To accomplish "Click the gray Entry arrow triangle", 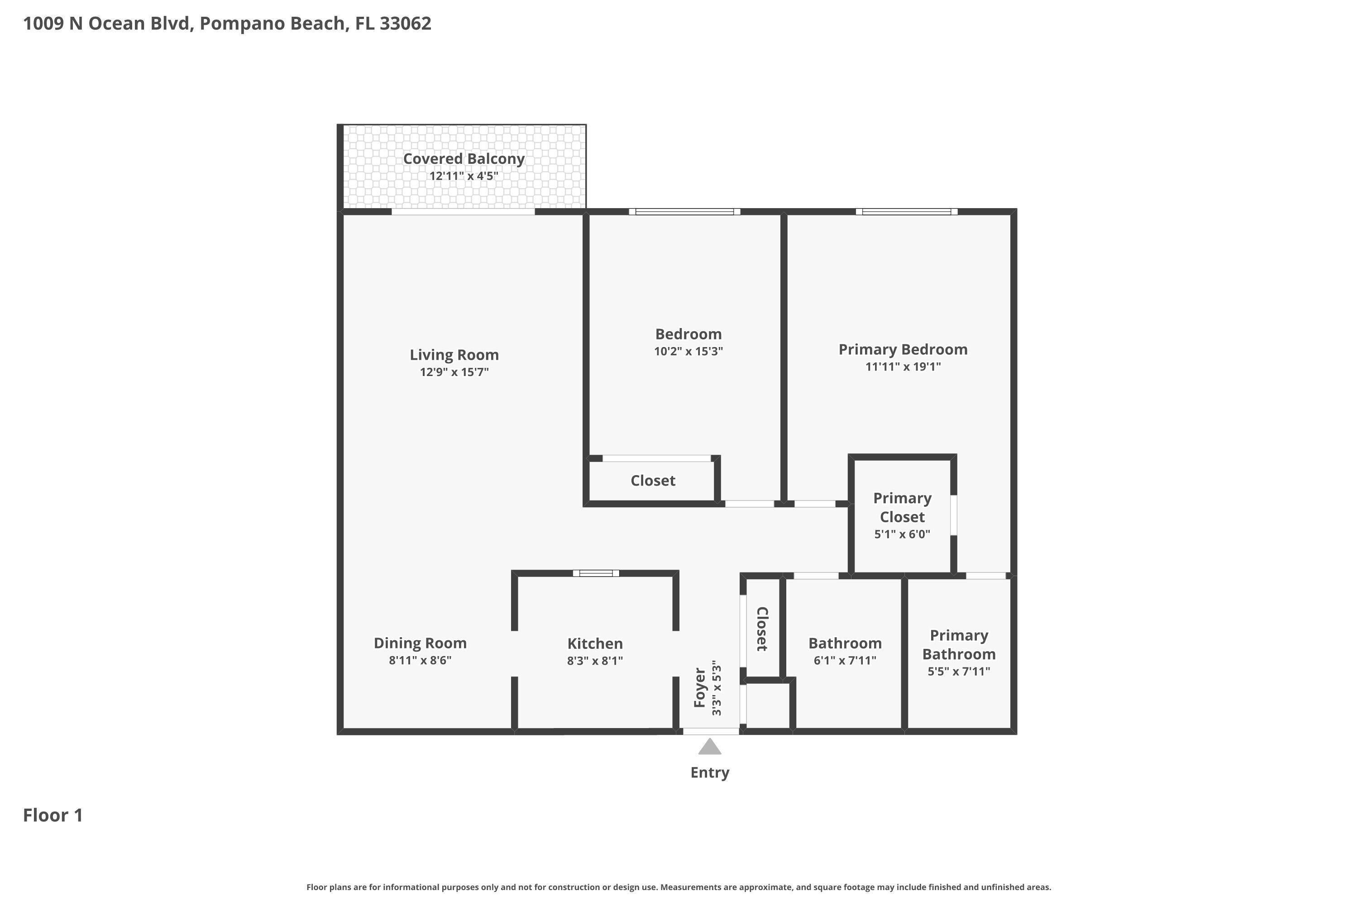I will [710, 748].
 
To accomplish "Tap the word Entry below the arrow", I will [710, 773].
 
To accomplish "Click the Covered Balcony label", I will [463, 159].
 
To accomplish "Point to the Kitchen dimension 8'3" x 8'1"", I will [595, 661].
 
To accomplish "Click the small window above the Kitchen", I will [596, 573].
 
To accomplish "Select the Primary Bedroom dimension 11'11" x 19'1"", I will [903, 367].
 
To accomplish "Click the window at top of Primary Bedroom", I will [907, 212].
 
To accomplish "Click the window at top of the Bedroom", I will [684, 212].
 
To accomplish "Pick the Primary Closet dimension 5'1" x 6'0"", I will [902, 534].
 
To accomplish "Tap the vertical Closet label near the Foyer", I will [761, 629].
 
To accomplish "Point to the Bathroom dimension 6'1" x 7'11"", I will [845, 660].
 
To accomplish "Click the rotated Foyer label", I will [700, 688].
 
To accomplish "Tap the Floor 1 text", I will [53, 815].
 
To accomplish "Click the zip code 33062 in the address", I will [405, 24].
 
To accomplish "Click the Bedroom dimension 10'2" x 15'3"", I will [688, 352].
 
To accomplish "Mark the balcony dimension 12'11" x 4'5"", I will [463, 176].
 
